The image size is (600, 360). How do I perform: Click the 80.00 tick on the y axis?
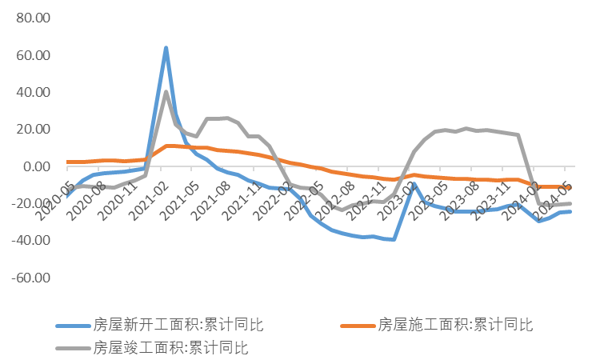point(33,18)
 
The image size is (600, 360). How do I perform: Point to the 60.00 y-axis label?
point(33,56)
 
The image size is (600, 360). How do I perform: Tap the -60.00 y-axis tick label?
point(31,278)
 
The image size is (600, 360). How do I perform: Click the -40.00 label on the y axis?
point(31,240)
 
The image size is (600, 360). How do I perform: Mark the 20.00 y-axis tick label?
point(33,130)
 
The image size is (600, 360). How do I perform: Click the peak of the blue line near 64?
point(166,48)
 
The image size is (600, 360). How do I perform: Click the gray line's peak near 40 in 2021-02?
point(166,92)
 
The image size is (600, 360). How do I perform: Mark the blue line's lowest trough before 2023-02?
point(394,239)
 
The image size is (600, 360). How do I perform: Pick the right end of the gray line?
point(570,203)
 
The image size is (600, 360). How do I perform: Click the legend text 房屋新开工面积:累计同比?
point(178,324)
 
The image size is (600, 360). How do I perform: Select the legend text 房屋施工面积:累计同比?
point(454,324)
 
